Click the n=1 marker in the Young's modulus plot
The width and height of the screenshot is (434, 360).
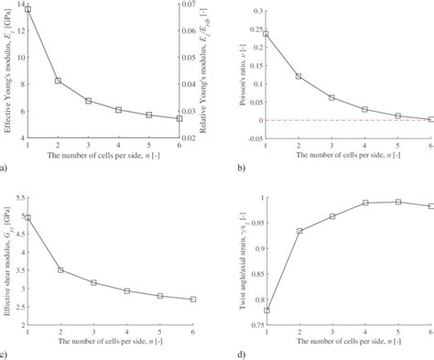(x=28, y=9)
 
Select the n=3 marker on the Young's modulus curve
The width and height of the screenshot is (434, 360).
(x=89, y=101)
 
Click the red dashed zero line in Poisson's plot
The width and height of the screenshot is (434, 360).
(x=348, y=120)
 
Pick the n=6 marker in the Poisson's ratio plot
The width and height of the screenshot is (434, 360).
(x=430, y=119)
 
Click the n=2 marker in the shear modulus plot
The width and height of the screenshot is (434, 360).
(x=59, y=270)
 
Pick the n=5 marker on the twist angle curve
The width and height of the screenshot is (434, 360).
(x=397, y=202)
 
